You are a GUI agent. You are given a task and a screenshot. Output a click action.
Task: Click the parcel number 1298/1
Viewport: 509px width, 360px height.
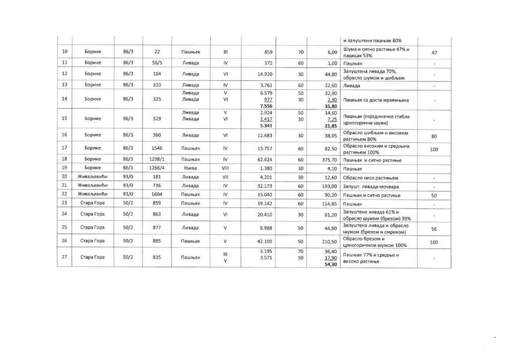click(157, 159)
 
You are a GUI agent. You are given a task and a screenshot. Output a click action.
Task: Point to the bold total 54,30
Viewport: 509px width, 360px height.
click(331, 264)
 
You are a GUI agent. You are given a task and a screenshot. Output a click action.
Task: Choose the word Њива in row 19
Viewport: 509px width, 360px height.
click(190, 168)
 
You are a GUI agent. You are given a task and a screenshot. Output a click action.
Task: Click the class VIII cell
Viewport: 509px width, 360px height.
click(225, 168)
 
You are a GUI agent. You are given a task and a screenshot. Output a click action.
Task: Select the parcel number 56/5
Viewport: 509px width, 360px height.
click(157, 64)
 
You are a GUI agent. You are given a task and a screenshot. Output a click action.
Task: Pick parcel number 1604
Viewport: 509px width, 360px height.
click(157, 194)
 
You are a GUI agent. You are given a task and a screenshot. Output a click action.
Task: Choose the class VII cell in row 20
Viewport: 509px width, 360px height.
click(225, 177)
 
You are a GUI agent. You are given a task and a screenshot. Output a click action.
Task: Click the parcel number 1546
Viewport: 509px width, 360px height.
click(157, 148)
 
